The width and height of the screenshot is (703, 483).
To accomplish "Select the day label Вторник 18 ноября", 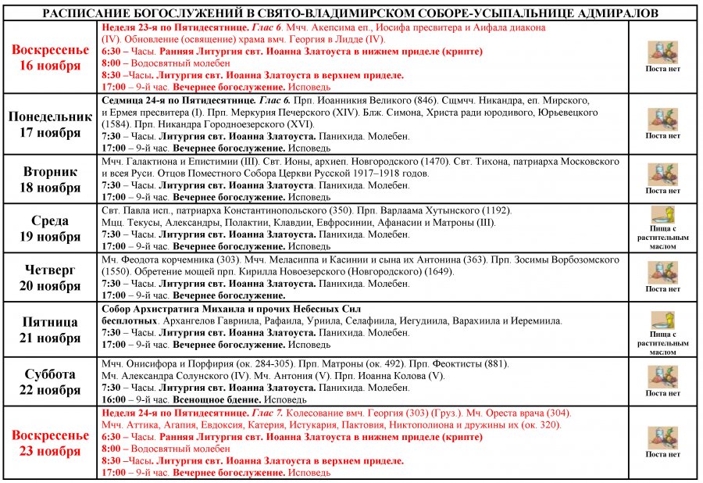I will tap(50, 180).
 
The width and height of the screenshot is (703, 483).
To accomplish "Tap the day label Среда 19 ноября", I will tap(50, 229).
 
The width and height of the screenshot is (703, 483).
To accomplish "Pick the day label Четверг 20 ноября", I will tap(50, 277).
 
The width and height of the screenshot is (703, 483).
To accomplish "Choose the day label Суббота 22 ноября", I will tap(50, 382).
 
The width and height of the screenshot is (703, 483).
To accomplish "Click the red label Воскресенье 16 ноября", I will tap(50, 58).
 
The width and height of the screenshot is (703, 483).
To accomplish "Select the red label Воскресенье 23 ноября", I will tap(50, 443).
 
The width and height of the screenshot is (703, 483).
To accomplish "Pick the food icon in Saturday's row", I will tap(662, 377).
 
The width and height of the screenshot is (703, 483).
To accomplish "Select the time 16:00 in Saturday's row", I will tap(114, 399).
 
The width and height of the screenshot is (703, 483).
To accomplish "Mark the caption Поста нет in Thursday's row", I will tap(662, 289).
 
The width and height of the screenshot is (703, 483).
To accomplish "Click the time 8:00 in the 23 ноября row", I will tap(112, 449).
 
